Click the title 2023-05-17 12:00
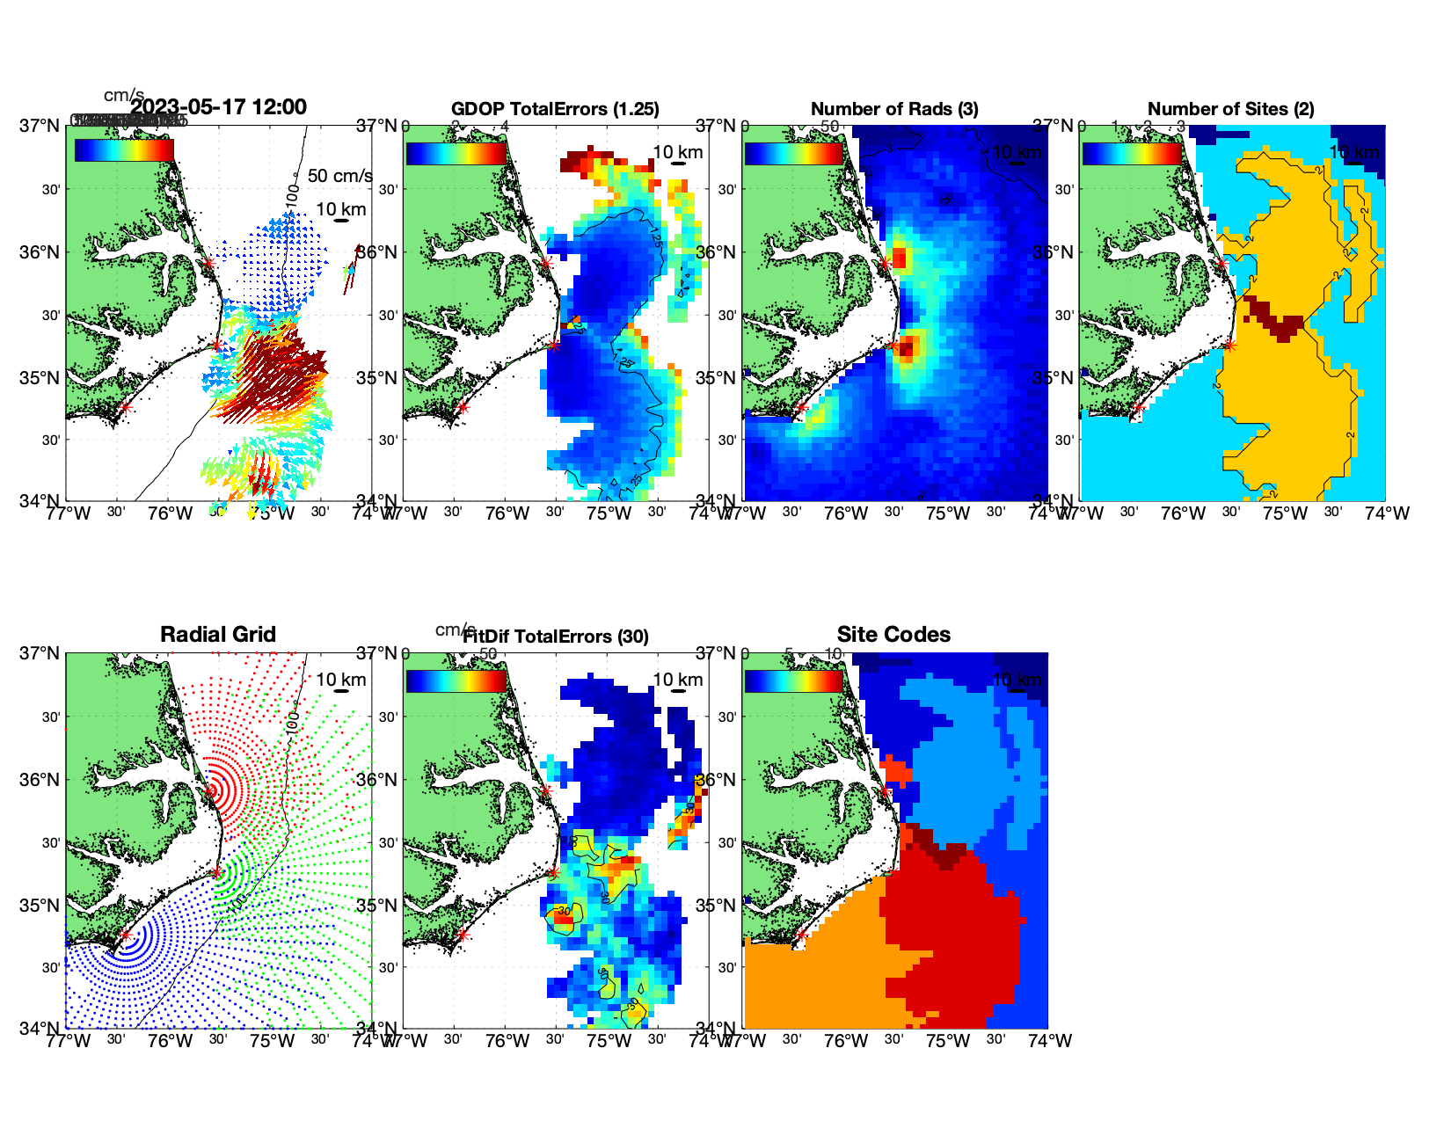(218, 107)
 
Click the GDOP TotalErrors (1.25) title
(555, 109)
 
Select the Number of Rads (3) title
(894, 109)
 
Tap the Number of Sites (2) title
(1230, 109)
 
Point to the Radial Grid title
(218, 635)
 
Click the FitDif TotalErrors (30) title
(556, 637)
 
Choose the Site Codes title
(893, 635)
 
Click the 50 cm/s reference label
(340, 176)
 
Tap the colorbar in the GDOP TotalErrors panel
(456, 152)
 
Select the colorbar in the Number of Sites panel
(1132, 152)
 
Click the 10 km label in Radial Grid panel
(341, 680)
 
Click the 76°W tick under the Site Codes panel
(846, 1041)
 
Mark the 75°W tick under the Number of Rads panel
(948, 513)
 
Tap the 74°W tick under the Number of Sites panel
(1387, 513)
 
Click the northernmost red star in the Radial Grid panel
(209, 791)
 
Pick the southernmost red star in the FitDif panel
(463, 935)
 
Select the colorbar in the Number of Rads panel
(794, 152)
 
